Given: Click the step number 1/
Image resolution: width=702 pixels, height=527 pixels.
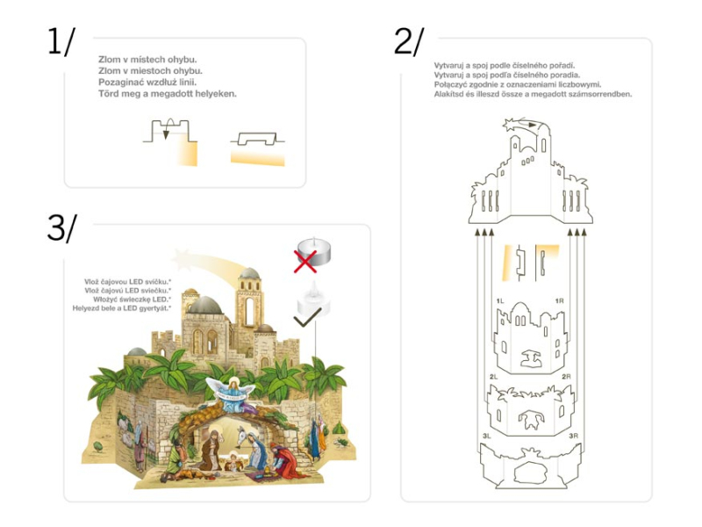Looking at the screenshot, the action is [x=61, y=41].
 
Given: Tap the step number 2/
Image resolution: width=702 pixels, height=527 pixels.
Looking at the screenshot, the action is [x=409, y=41].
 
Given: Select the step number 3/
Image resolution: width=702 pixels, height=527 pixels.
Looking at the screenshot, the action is [x=61, y=227].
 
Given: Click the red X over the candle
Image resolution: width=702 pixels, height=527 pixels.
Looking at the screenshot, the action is [x=305, y=261].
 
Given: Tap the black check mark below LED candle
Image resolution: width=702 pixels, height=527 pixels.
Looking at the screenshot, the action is [x=308, y=317].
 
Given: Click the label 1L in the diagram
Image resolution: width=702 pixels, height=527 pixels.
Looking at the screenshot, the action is [x=500, y=301].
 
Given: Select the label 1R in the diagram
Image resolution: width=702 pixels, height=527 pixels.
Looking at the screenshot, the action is [x=559, y=301].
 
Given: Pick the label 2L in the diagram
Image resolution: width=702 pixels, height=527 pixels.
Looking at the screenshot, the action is [x=493, y=377].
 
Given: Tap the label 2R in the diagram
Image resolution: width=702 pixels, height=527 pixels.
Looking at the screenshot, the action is [x=566, y=377].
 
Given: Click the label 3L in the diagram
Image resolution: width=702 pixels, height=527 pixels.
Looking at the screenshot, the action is [x=487, y=436].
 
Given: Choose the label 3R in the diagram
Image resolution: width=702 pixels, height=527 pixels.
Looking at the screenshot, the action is [x=574, y=436].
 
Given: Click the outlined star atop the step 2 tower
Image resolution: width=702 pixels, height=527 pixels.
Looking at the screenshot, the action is [x=511, y=125].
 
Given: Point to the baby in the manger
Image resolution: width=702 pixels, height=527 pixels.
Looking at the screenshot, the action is [x=233, y=463].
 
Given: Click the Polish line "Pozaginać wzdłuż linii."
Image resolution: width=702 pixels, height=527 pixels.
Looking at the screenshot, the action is [x=147, y=83].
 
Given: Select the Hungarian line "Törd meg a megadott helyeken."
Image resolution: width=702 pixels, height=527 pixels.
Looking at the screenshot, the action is [x=168, y=94].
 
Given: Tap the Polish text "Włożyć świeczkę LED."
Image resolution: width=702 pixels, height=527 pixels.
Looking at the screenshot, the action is [x=133, y=300].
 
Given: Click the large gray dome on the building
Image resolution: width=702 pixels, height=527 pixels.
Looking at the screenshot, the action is [x=205, y=305].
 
